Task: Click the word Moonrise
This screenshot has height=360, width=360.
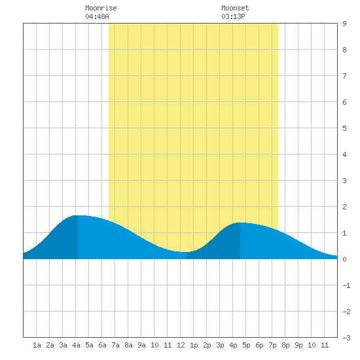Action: [x=101, y=8]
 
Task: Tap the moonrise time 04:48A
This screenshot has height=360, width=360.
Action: [x=97, y=16]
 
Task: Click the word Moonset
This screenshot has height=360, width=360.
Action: [x=235, y=8]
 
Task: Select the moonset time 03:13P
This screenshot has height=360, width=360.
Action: [x=233, y=16]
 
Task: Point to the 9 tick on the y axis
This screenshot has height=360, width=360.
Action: [x=344, y=24]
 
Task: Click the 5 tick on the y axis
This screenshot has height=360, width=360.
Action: [x=344, y=128]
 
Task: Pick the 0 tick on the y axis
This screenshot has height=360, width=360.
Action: [x=344, y=259]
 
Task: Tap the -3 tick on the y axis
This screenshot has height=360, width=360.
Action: [x=346, y=338]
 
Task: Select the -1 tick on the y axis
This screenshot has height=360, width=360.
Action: [x=346, y=285]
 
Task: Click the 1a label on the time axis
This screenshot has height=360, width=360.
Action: [x=37, y=345]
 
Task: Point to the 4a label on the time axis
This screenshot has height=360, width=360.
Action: [x=76, y=345]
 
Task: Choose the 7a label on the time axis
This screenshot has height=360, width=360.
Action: [x=115, y=345]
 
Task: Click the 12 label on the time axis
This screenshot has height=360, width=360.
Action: [x=181, y=345]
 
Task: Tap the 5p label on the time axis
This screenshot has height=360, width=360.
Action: [x=246, y=345]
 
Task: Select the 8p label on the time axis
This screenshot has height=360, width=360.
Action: [x=285, y=345]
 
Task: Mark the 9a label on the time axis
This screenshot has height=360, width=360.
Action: [x=141, y=345]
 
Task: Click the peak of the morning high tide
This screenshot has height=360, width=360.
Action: [x=78, y=215]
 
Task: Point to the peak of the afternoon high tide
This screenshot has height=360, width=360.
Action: [x=240, y=223]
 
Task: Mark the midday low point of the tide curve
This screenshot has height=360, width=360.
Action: [x=187, y=252]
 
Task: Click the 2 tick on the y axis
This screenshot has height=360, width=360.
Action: [x=344, y=207]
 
